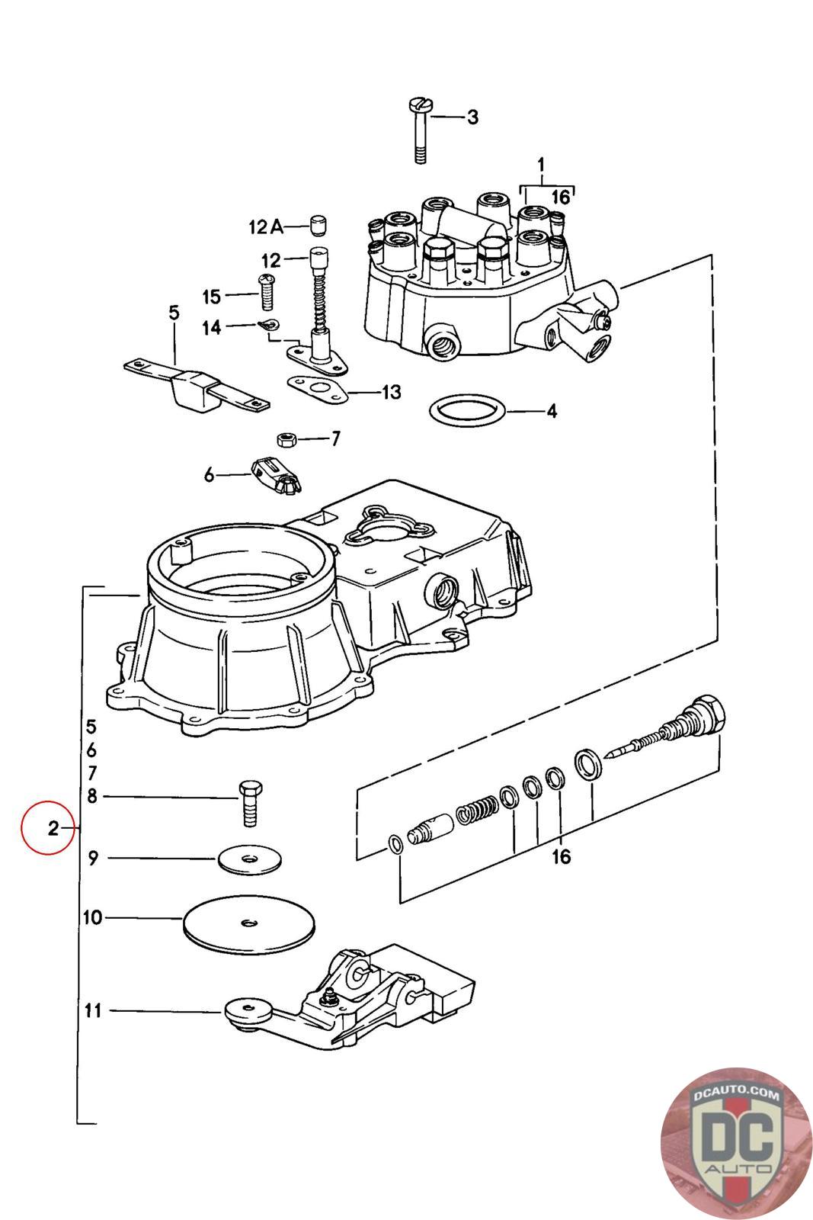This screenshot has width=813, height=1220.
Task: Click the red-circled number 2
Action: click(x=52, y=828)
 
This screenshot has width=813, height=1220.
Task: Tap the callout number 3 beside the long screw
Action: click(x=472, y=117)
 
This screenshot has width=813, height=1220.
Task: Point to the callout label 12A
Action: click(x=265, y=226)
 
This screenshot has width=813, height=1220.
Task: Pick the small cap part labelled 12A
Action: click(x=318, y=225)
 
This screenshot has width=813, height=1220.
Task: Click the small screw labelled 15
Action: click(x=267, y=293)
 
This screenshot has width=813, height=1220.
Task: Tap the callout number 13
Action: click(x=391, y=393)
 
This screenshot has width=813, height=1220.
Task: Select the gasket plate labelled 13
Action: click(x=318, y=387)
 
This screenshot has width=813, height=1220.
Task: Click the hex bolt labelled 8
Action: click(x=249, y=804)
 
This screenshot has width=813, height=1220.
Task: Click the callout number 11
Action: click(x=93, y=1011)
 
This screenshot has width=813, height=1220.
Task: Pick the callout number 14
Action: click(x=211, y=327)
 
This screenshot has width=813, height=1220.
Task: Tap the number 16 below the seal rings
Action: click(x=561, y=857)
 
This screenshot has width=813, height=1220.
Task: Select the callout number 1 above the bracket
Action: click(x=541, y=164)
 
